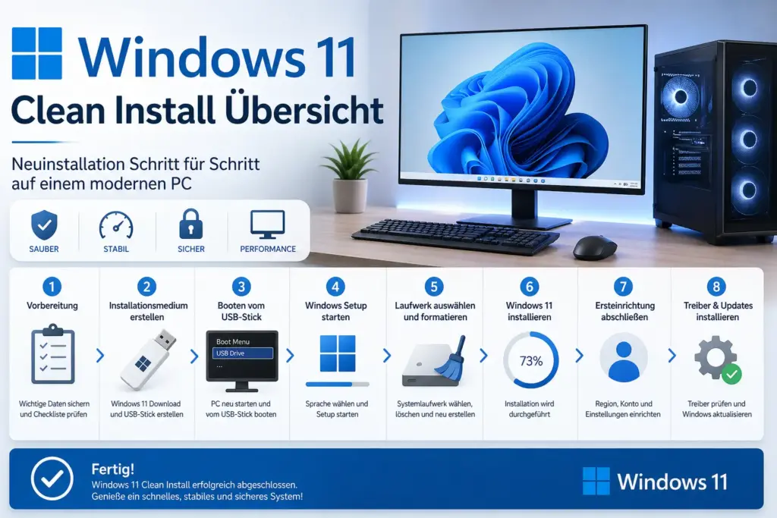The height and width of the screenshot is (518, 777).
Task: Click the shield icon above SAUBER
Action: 43,225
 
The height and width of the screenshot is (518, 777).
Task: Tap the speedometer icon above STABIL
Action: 116,225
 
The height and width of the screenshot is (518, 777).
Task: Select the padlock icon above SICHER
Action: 191,224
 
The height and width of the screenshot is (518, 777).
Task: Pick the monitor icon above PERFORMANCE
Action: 267,224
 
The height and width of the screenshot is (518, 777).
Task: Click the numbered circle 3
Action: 241,287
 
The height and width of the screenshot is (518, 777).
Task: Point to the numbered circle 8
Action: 716,287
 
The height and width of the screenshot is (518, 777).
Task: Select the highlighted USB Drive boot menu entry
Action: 241,353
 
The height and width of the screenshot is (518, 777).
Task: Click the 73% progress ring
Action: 531,360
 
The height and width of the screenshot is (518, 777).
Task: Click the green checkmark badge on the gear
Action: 731,373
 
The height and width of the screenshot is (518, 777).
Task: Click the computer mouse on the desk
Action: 594,247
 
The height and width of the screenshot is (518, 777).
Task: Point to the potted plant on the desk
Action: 350,174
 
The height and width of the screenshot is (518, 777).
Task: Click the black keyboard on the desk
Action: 455,237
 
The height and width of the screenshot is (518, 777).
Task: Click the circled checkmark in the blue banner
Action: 52,479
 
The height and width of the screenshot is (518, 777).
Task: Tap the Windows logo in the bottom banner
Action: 596,481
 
